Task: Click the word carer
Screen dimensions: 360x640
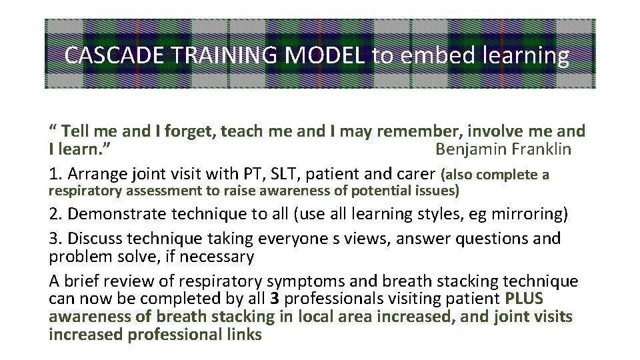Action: coord(415,175)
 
